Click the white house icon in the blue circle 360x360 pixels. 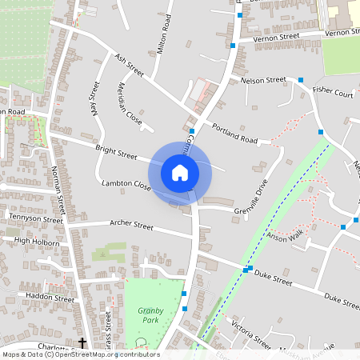click(x=179, y=172)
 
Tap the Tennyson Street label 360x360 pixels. click(x=35, y=218)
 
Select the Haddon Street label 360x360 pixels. click(x=50, y=297)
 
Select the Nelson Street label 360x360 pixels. click(x=263, y=80)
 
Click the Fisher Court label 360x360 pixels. click(x=333, y=93)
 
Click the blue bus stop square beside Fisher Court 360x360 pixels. click(x=301, y=80)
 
